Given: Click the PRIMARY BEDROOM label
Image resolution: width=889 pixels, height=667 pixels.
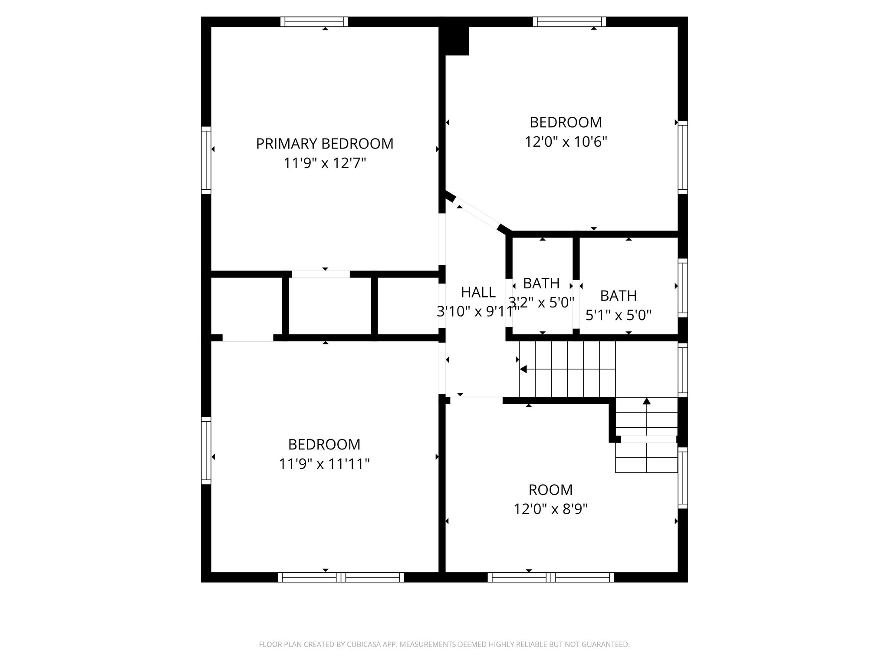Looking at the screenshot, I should (324, 144).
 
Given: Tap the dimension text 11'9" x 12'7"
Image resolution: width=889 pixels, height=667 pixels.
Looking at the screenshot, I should (324, 164).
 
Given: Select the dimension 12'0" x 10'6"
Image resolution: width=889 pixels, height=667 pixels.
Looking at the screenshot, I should (566, 142).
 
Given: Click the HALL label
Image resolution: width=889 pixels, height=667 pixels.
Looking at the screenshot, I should (478, 293).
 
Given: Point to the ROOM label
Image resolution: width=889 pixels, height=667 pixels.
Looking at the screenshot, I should (550, 490).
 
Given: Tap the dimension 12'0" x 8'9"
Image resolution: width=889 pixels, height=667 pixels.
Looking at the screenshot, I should (550, 509).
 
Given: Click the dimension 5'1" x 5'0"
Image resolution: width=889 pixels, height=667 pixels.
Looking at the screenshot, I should (618, 315).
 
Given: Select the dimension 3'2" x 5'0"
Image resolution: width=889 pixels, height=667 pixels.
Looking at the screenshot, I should (541, 302).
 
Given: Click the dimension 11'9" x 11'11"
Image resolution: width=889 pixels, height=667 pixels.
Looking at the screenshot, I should (324, 464).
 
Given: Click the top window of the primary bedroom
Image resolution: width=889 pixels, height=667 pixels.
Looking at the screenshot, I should (314, 22).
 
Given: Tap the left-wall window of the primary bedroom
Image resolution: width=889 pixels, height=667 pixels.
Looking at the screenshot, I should (206, 160).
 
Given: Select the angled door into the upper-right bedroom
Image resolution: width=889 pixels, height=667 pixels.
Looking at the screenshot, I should (477, 215).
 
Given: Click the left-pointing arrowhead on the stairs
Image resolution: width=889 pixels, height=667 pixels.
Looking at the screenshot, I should (523, 369).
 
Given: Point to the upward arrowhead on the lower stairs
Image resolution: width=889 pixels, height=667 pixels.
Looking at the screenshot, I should (646, 401).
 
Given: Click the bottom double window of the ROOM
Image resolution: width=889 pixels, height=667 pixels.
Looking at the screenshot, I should (550, 577).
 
